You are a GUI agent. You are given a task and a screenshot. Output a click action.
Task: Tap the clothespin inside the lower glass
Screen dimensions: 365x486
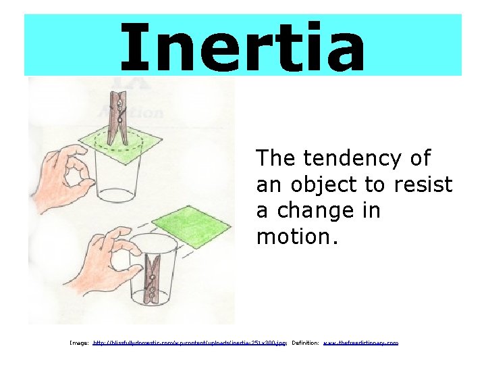155,277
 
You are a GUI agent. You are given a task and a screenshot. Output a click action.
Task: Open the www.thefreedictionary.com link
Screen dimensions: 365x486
361,343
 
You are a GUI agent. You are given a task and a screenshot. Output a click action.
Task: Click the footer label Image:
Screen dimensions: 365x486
79,343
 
